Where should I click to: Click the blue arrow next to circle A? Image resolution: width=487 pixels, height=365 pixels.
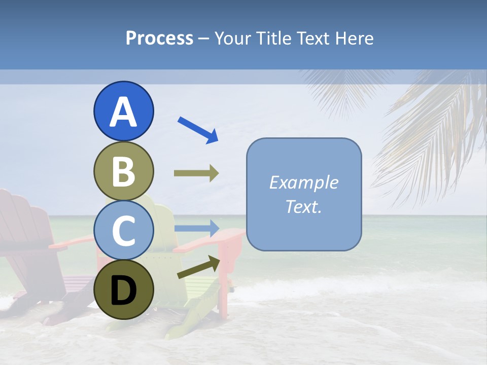198,130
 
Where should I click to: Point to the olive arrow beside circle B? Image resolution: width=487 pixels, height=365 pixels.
196,173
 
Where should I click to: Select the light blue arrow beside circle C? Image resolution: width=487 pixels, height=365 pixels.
196,228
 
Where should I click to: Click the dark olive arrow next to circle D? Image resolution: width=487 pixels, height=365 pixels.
198,267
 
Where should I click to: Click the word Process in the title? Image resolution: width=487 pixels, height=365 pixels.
159,39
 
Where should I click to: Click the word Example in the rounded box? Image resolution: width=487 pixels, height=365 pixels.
303,182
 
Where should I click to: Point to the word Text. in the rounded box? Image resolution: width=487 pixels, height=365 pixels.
303,207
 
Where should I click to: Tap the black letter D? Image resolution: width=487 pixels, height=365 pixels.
123,290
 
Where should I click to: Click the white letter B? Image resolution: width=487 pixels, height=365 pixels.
123,171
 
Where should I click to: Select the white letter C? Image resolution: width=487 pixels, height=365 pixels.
123,231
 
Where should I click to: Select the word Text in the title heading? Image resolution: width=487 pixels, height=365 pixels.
313,39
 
